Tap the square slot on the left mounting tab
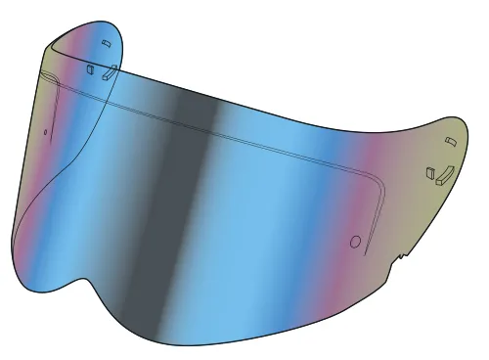point(91,69)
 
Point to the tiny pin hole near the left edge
point(45,128)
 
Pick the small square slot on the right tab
point(429,174)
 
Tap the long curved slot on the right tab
point(441,174)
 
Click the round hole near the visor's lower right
point(356,240)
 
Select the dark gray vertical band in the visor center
point(186,196)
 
